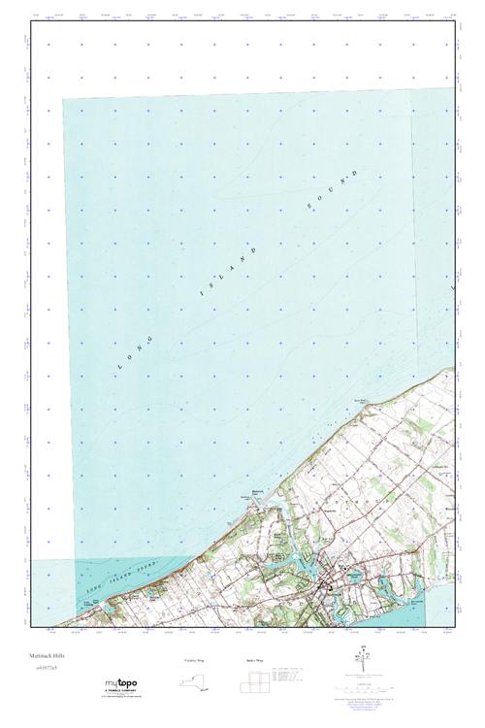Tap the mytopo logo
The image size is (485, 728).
pyautogui.click(x=120, y=683)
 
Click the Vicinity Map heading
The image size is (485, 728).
pyautogui.click(x=195, y=660)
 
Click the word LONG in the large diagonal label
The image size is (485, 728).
pyautogui.click(x=134, y=350)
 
